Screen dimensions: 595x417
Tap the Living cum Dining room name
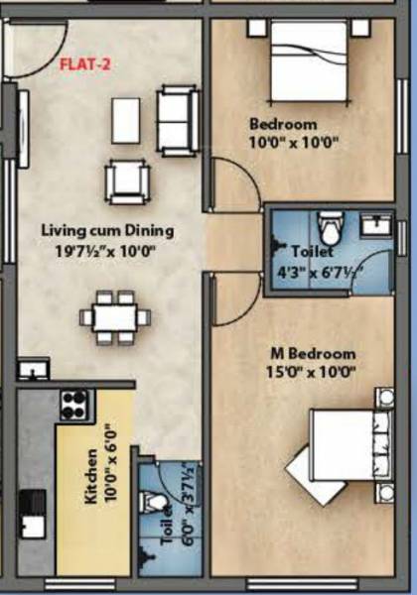click(107, 230)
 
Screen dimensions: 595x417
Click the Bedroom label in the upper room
click(283, 124)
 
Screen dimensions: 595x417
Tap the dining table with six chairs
click(115, 317)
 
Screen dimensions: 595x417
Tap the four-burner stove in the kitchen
click(74, 404)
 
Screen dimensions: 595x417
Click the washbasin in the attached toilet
click(375, 226)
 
